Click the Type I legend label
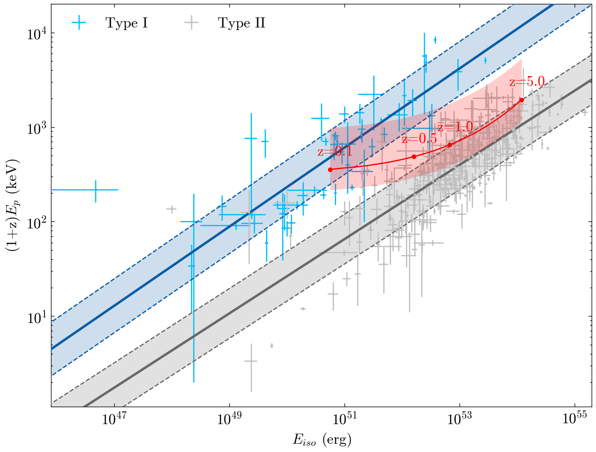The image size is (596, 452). pos(126,23)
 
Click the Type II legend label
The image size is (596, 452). pos(242,23)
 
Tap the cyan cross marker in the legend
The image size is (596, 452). pos(79,23)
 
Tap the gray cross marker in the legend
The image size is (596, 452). pos(191,23)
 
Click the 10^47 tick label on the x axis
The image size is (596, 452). pos(114,419)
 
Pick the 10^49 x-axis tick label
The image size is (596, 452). pos(229,419)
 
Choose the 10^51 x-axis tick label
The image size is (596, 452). pos(344,419)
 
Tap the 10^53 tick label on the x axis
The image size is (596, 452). pos(460,419)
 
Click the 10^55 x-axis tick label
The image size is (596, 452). pos(575,419)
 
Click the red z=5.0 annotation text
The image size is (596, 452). pos(527,82)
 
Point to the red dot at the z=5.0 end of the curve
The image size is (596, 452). pos(521,100)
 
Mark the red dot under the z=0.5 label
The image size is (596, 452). pos(414,156)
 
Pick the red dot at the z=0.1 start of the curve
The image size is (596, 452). pos(330,170)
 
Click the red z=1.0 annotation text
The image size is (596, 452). pos(455,127)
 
